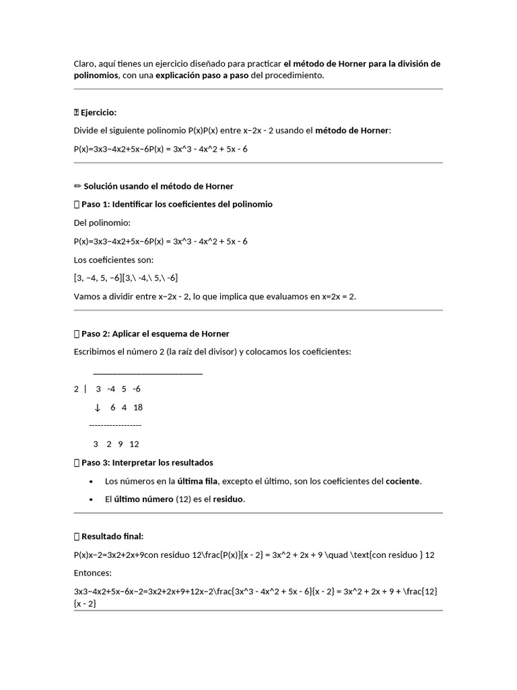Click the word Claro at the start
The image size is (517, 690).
pos(85,64)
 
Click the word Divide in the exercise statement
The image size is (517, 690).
pos(86,131)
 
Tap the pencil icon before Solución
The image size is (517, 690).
pos(77,186)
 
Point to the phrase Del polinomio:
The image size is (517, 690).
pos(102,222)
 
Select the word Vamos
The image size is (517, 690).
pos(87,296)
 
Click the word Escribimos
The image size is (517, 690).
pos(97,352)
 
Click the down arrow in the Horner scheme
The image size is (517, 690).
pos(97,408)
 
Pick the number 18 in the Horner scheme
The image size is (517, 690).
pos(138,408)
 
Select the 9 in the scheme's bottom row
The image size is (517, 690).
pos(120,444)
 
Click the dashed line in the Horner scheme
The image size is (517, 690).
pos(115,426)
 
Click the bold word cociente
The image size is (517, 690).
pos(403,481)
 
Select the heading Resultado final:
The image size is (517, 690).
pos(112,537)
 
